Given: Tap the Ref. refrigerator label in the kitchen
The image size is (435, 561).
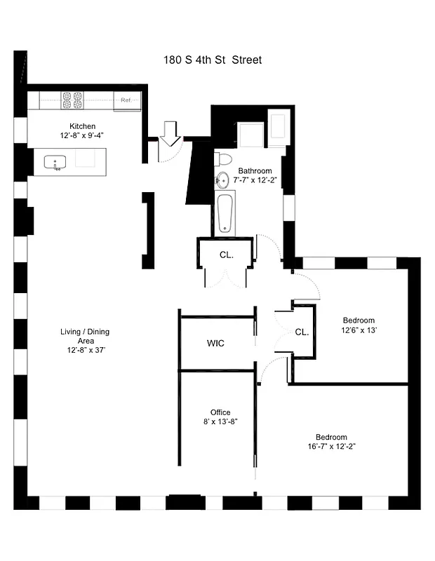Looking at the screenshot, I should pyautogui.click(x=126, y=100).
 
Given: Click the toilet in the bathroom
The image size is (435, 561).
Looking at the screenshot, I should pyautogui.click(x=222, y=158).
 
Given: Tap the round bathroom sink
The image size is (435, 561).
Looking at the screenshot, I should pyautogui.click(x=223, y=179).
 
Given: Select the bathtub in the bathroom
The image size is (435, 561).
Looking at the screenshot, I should pyautogui.click(x=224, y=213).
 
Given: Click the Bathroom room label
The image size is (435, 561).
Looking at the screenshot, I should pyautogui.click(x=255, y=171).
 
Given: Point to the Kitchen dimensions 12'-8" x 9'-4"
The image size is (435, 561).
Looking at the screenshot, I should pyautogui.click(x=82, y=135).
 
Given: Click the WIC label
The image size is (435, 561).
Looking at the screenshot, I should pyautogui.click(x=215, y=344).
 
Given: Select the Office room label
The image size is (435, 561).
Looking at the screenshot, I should pyautogui.click(x=220, y=412).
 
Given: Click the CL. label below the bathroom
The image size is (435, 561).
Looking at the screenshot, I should pyautogui.click(x=226, y=255).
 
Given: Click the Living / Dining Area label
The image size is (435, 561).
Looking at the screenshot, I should pyautogui.click(x=85, y=336).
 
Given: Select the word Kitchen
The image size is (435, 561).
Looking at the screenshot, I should pyautogui.click(x=82, y=126).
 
